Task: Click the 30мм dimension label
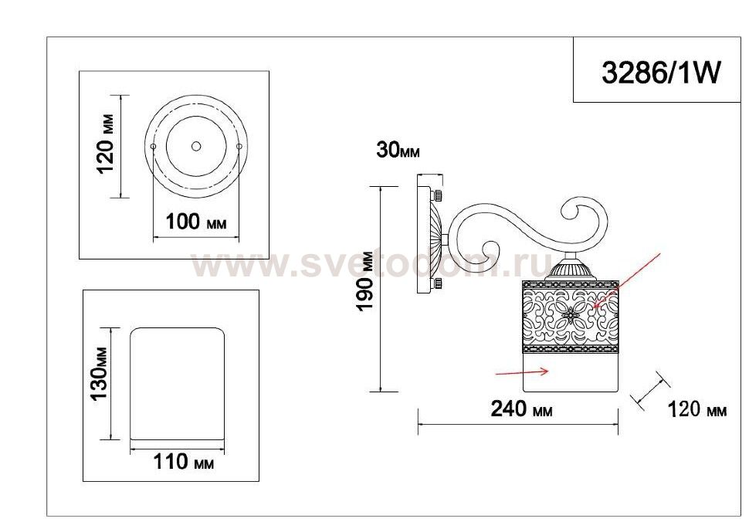pos(398,150)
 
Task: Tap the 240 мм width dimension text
pos(522,409)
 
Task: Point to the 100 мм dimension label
pos(196,222)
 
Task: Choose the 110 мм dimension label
pos(184,462)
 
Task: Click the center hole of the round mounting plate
pos(196,146)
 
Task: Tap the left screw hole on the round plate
pos(153,146)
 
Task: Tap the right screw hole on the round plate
pos(239,146)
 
